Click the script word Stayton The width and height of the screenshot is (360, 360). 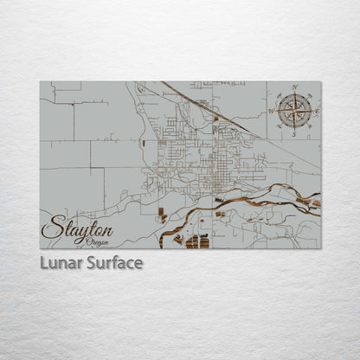coord(77,229)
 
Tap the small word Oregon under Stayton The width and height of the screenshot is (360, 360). coord(98,241)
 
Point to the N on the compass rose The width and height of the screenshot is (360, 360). coord(294,87)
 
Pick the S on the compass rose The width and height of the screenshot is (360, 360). coord(294,134)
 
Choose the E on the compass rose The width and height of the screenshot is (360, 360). coord(317,111)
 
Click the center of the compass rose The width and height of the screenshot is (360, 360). coord(294,111)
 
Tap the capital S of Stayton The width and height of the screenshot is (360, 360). coord(51,228)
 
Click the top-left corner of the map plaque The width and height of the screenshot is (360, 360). coord(40,81)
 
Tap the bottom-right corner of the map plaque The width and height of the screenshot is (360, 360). coord(320,248)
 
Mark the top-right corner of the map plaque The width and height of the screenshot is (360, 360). coord(320,81)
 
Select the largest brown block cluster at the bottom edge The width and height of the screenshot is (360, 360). coord(197,241)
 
